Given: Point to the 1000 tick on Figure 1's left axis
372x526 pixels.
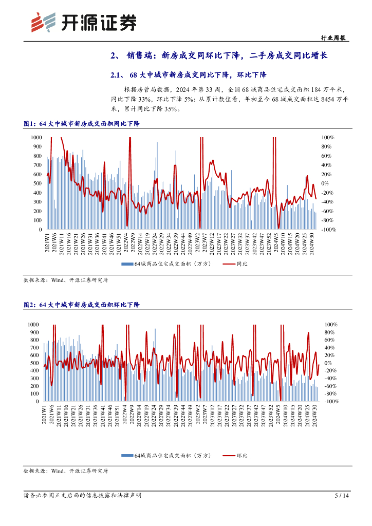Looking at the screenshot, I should (36, 138).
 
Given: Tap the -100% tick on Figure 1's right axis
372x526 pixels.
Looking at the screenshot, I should (329, 230).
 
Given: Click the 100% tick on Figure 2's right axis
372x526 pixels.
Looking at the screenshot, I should (330, 325).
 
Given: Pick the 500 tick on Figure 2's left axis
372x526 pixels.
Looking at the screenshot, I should (34, 363).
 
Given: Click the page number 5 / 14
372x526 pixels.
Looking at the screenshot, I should (342, 496).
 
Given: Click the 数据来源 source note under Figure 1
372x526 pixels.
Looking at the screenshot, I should (66, 280).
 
